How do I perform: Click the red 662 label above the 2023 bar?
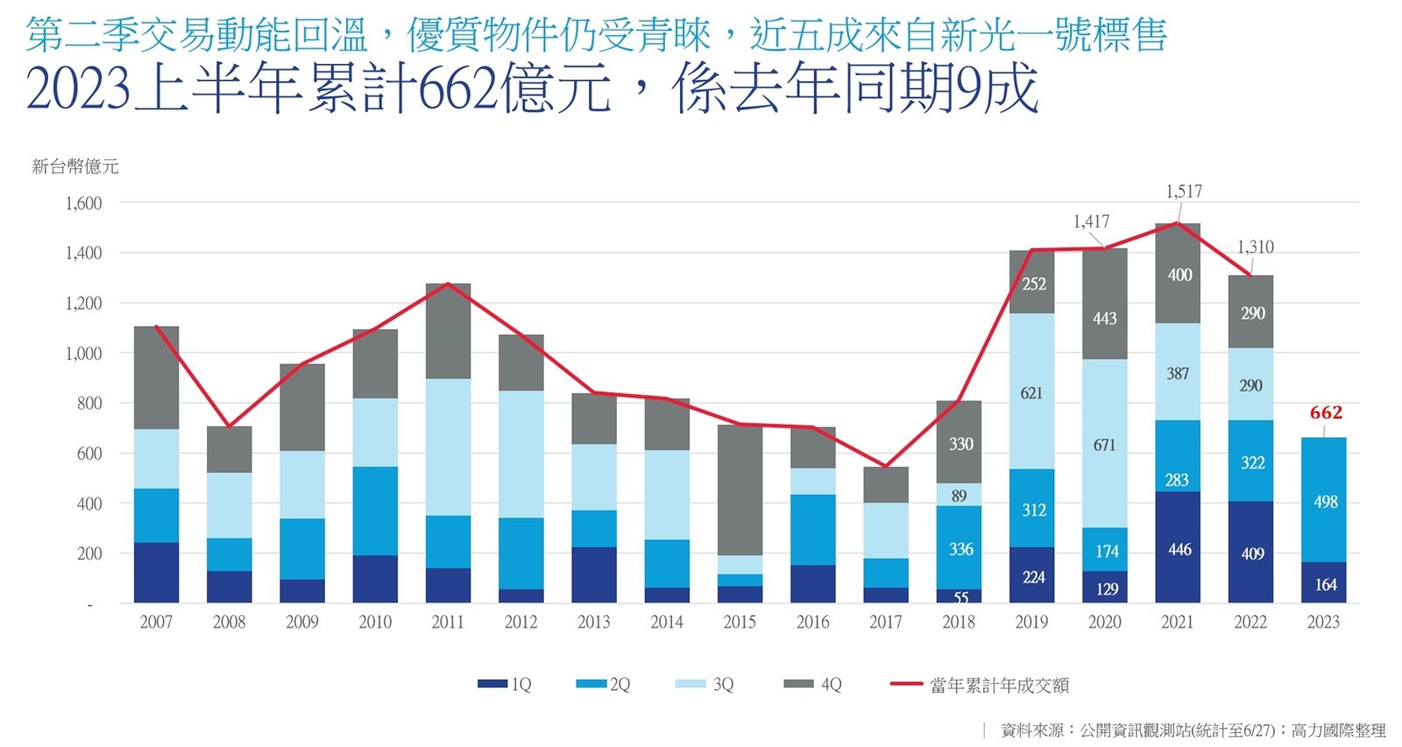[1326, 412]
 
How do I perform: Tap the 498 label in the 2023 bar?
[1325, 502]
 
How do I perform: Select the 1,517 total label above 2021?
[1184, 191]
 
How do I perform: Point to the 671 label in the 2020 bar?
[1104, 445]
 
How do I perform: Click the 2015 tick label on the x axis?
[740, 622]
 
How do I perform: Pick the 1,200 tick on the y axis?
[84, 303]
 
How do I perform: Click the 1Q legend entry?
[506, 684]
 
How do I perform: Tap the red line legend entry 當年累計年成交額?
[980, 685]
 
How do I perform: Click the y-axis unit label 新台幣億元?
[74, 166]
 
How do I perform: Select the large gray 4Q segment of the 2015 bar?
[740, 490]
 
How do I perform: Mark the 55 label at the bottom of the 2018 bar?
[961, 597]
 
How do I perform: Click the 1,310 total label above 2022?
[1255, 247]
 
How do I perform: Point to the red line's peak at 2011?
[448, 284]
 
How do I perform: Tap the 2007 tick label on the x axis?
[156, 622]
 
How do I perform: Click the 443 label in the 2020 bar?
[1104, 318]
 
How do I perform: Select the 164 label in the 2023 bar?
[1325, 584]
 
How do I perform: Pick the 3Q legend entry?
[705, 684]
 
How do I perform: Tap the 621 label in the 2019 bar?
[1031, 393]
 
